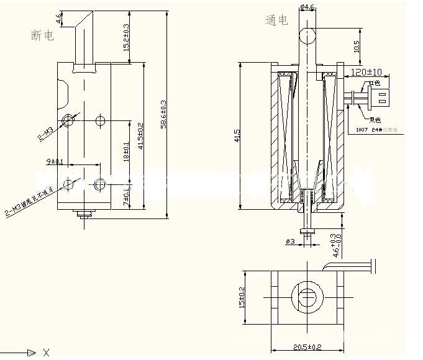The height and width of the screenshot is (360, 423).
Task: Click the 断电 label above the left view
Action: pos(42,36)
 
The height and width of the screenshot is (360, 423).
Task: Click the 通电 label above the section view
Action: pos(276,20)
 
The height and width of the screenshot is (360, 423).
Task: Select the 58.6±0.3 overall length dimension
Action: pos(163,115)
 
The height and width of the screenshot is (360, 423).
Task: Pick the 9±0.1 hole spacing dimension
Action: pos(55,162)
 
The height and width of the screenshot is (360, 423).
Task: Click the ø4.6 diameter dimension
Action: pos(309,7)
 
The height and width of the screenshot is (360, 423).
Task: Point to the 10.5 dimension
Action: pos(357,47)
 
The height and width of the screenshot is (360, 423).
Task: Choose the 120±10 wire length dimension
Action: pos(366,72)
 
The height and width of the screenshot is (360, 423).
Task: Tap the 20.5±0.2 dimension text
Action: pos(307,347)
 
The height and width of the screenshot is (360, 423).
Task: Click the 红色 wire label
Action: pos(374,83)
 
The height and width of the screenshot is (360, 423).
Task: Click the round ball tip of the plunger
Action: pos(309,35)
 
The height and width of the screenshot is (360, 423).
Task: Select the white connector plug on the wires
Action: pos(379,97)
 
